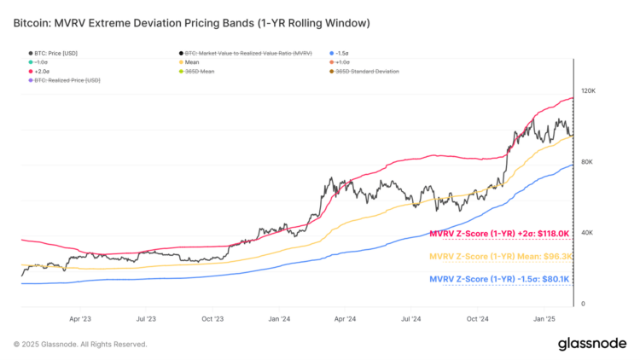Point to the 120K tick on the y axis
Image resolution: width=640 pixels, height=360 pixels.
click(587, 90)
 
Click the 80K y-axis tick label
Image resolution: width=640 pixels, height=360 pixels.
click(587, 162)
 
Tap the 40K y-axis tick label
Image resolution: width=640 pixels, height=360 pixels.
click(587, 233)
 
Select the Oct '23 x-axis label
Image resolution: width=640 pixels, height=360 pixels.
click(212, 319)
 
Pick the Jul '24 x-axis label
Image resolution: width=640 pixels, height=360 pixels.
click(410, 319)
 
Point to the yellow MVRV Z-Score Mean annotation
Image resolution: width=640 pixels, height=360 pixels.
click(498, 255)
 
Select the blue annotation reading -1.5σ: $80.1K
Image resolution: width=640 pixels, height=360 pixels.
click(498, 278)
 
